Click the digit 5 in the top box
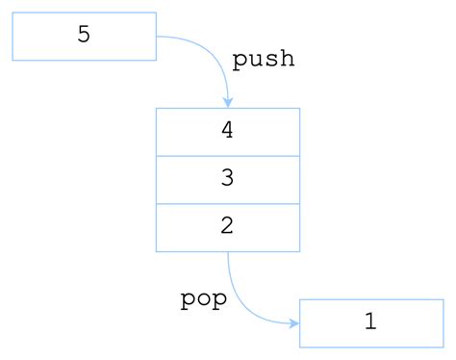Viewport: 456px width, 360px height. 84,36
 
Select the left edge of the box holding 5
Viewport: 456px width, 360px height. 13,37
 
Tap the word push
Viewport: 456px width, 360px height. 263,60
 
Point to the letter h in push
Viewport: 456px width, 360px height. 287,59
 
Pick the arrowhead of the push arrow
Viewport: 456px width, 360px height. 228,102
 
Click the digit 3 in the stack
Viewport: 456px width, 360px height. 228,179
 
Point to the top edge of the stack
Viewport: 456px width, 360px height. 192,109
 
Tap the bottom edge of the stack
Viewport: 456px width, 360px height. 192,251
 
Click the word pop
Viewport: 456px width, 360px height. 204,299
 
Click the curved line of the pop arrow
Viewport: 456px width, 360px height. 241,306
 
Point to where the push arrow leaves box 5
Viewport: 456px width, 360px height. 157,37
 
